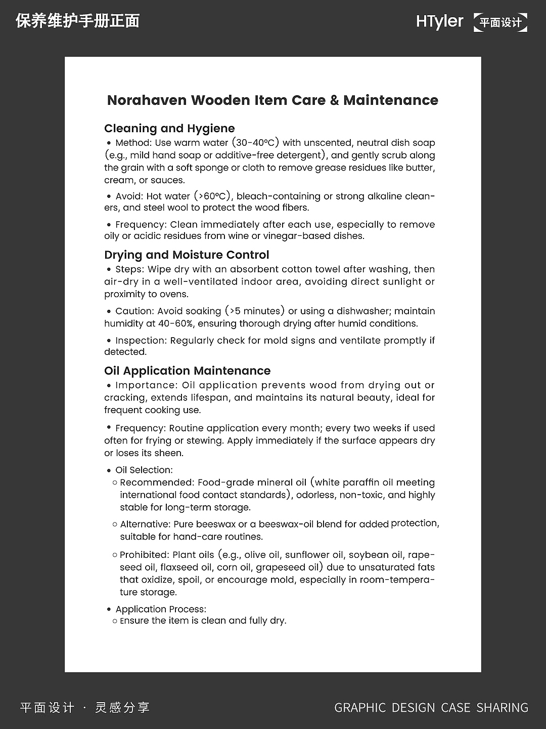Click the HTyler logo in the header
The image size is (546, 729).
pyautogui.click(x=439, y=21)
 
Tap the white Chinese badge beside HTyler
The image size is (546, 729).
pyautogui.click(x=500, y=22)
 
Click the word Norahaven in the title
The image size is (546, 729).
pyautogui.click(x=147, y=100)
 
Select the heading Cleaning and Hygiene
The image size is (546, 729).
pyautogui.click(x=169, y=129)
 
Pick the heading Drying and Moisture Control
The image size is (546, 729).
pyautogui.click(x=187, y=255)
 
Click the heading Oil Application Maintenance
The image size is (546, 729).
pyautogui.click(x=187, y=371)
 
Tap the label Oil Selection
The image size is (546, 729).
pyautogui.click(x=144, y=470)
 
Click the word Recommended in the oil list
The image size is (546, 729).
pyautogui.click(x=157, y=482)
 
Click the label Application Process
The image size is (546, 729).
pyautogui.click(x=161, y=609)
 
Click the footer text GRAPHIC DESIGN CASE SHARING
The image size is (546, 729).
pyautogui.click(x=431, y=707)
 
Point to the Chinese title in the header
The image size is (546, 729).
pyautogui.click(x=77, y=21)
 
